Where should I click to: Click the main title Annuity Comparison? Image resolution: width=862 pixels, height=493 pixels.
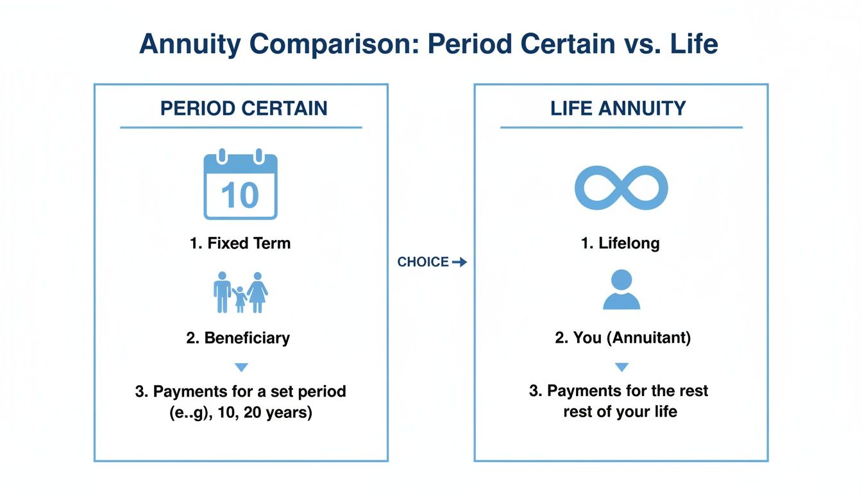(428, 44)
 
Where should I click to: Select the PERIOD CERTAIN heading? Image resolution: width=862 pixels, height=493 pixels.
(244, 108)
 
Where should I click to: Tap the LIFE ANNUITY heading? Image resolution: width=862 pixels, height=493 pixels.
(618, 108)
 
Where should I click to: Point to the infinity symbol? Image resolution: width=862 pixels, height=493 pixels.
(621, 188)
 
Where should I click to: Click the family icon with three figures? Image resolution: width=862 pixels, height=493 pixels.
(241, 293)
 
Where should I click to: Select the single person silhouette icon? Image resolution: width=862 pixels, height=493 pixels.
(621, 290)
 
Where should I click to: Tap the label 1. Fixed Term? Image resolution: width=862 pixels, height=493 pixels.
(241, 243)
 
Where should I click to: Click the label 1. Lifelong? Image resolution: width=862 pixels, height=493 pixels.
(620, 243)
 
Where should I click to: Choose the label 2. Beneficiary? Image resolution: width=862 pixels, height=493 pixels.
(238, 338)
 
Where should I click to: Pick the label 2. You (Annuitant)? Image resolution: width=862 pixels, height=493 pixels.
(623, 338)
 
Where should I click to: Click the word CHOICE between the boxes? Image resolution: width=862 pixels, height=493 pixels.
(423, 262)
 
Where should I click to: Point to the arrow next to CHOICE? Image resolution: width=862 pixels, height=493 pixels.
(459, 262)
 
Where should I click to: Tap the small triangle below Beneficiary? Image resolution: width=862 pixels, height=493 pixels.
(241, 367)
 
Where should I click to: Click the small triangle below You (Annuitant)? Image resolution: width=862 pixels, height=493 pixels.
(621, 367)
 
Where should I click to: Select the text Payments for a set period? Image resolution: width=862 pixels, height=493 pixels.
(241, 391)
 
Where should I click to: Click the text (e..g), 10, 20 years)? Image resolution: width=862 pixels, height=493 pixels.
(241, 412)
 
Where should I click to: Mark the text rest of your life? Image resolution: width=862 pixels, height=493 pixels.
(620, 411)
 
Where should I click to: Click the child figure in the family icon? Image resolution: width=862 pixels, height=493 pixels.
(240, 299)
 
